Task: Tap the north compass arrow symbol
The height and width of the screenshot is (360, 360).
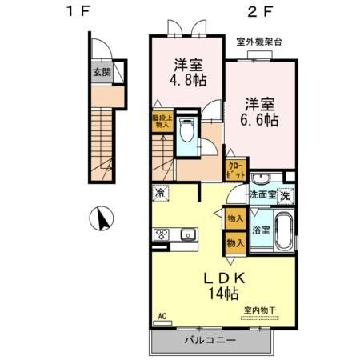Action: pyautogui.click(x=103, y=217)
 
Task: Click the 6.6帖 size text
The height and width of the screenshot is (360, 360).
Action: pyautogui.click(x=262, y=120)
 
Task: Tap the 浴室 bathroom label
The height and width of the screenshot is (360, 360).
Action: pyautogui.click(x=261, y=229)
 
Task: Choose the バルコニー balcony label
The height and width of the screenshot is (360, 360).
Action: pyautogui.click(x=210, y=341)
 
